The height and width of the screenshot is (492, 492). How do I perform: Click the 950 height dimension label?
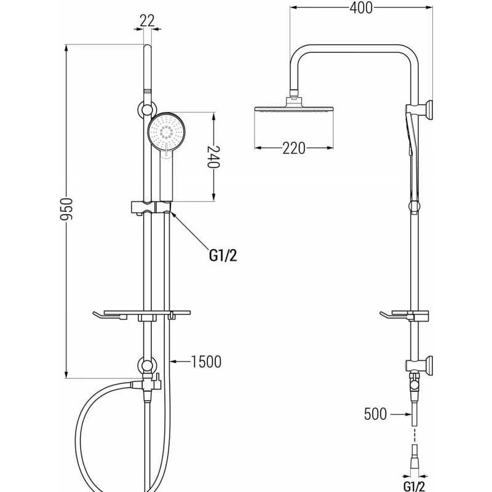pyautogui.click(x=66, y=209)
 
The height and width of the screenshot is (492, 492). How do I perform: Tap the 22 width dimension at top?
pyautogui.click(x=147, y=21)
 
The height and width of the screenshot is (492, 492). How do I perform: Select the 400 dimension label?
pyautogui.click(x=361, y=8)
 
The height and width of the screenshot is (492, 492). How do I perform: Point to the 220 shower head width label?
pyautogui.click(x=294, y=148)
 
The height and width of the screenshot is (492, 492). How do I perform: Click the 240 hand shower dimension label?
pyautogui.click(x=213, y=157)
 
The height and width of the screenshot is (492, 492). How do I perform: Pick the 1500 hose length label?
pyautogui.click(x=206, y=362)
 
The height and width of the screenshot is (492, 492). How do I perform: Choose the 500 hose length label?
pyautogui.click(x=375, y=414)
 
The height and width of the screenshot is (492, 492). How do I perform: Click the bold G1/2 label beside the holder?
pyautogui.click(x=223, y=255)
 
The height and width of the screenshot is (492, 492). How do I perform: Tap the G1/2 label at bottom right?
pyautogui.click(x=414, y=486)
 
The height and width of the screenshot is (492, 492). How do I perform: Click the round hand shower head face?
pyautogui.click(x=166, y=131)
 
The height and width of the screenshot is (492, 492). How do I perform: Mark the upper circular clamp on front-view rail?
pyautogui.click(x=146, y=110)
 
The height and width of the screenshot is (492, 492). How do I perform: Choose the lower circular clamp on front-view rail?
pyautogui.click(x=146, y=365)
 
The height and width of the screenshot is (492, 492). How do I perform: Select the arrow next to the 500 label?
pyautogui.click(x=400, y=414)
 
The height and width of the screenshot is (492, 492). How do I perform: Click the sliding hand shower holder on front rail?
pyautogui.click(x=151, y=208)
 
